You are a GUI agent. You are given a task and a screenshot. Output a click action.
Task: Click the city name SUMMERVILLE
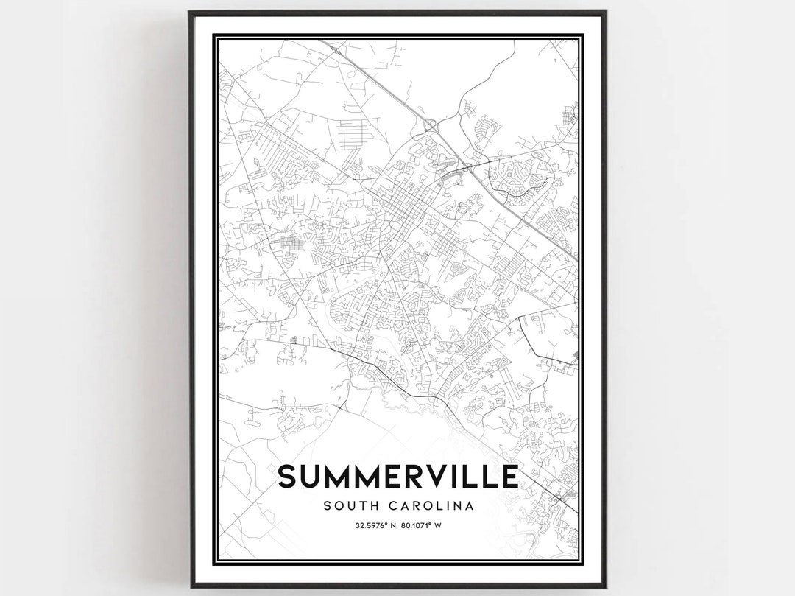pos(397,476)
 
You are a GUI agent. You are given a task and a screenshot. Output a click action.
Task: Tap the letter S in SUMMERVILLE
pos(288,476)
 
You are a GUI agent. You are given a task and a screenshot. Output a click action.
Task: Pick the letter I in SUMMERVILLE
pos(470,476)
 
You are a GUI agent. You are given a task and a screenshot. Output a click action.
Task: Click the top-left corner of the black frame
pos(191,13)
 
